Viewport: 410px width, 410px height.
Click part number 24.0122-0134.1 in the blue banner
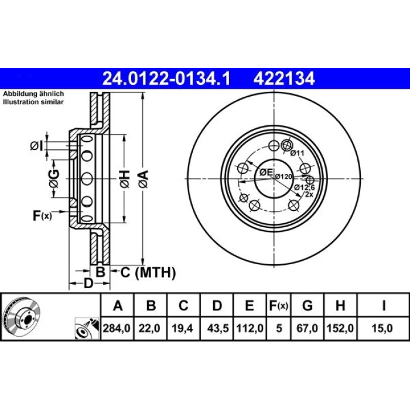point(166,78)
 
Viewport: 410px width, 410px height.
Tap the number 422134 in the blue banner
point(284,78)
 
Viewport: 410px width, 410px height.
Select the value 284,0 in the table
point(117,328)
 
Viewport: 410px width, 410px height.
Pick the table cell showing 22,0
point(149,328)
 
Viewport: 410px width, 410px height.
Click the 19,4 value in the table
point(182,328)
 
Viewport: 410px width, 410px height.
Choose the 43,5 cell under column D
point(218,328)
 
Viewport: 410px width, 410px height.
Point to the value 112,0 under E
point(250,328)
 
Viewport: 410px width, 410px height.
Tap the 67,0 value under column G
point(307,328)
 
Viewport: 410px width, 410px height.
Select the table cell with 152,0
point(340,328)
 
